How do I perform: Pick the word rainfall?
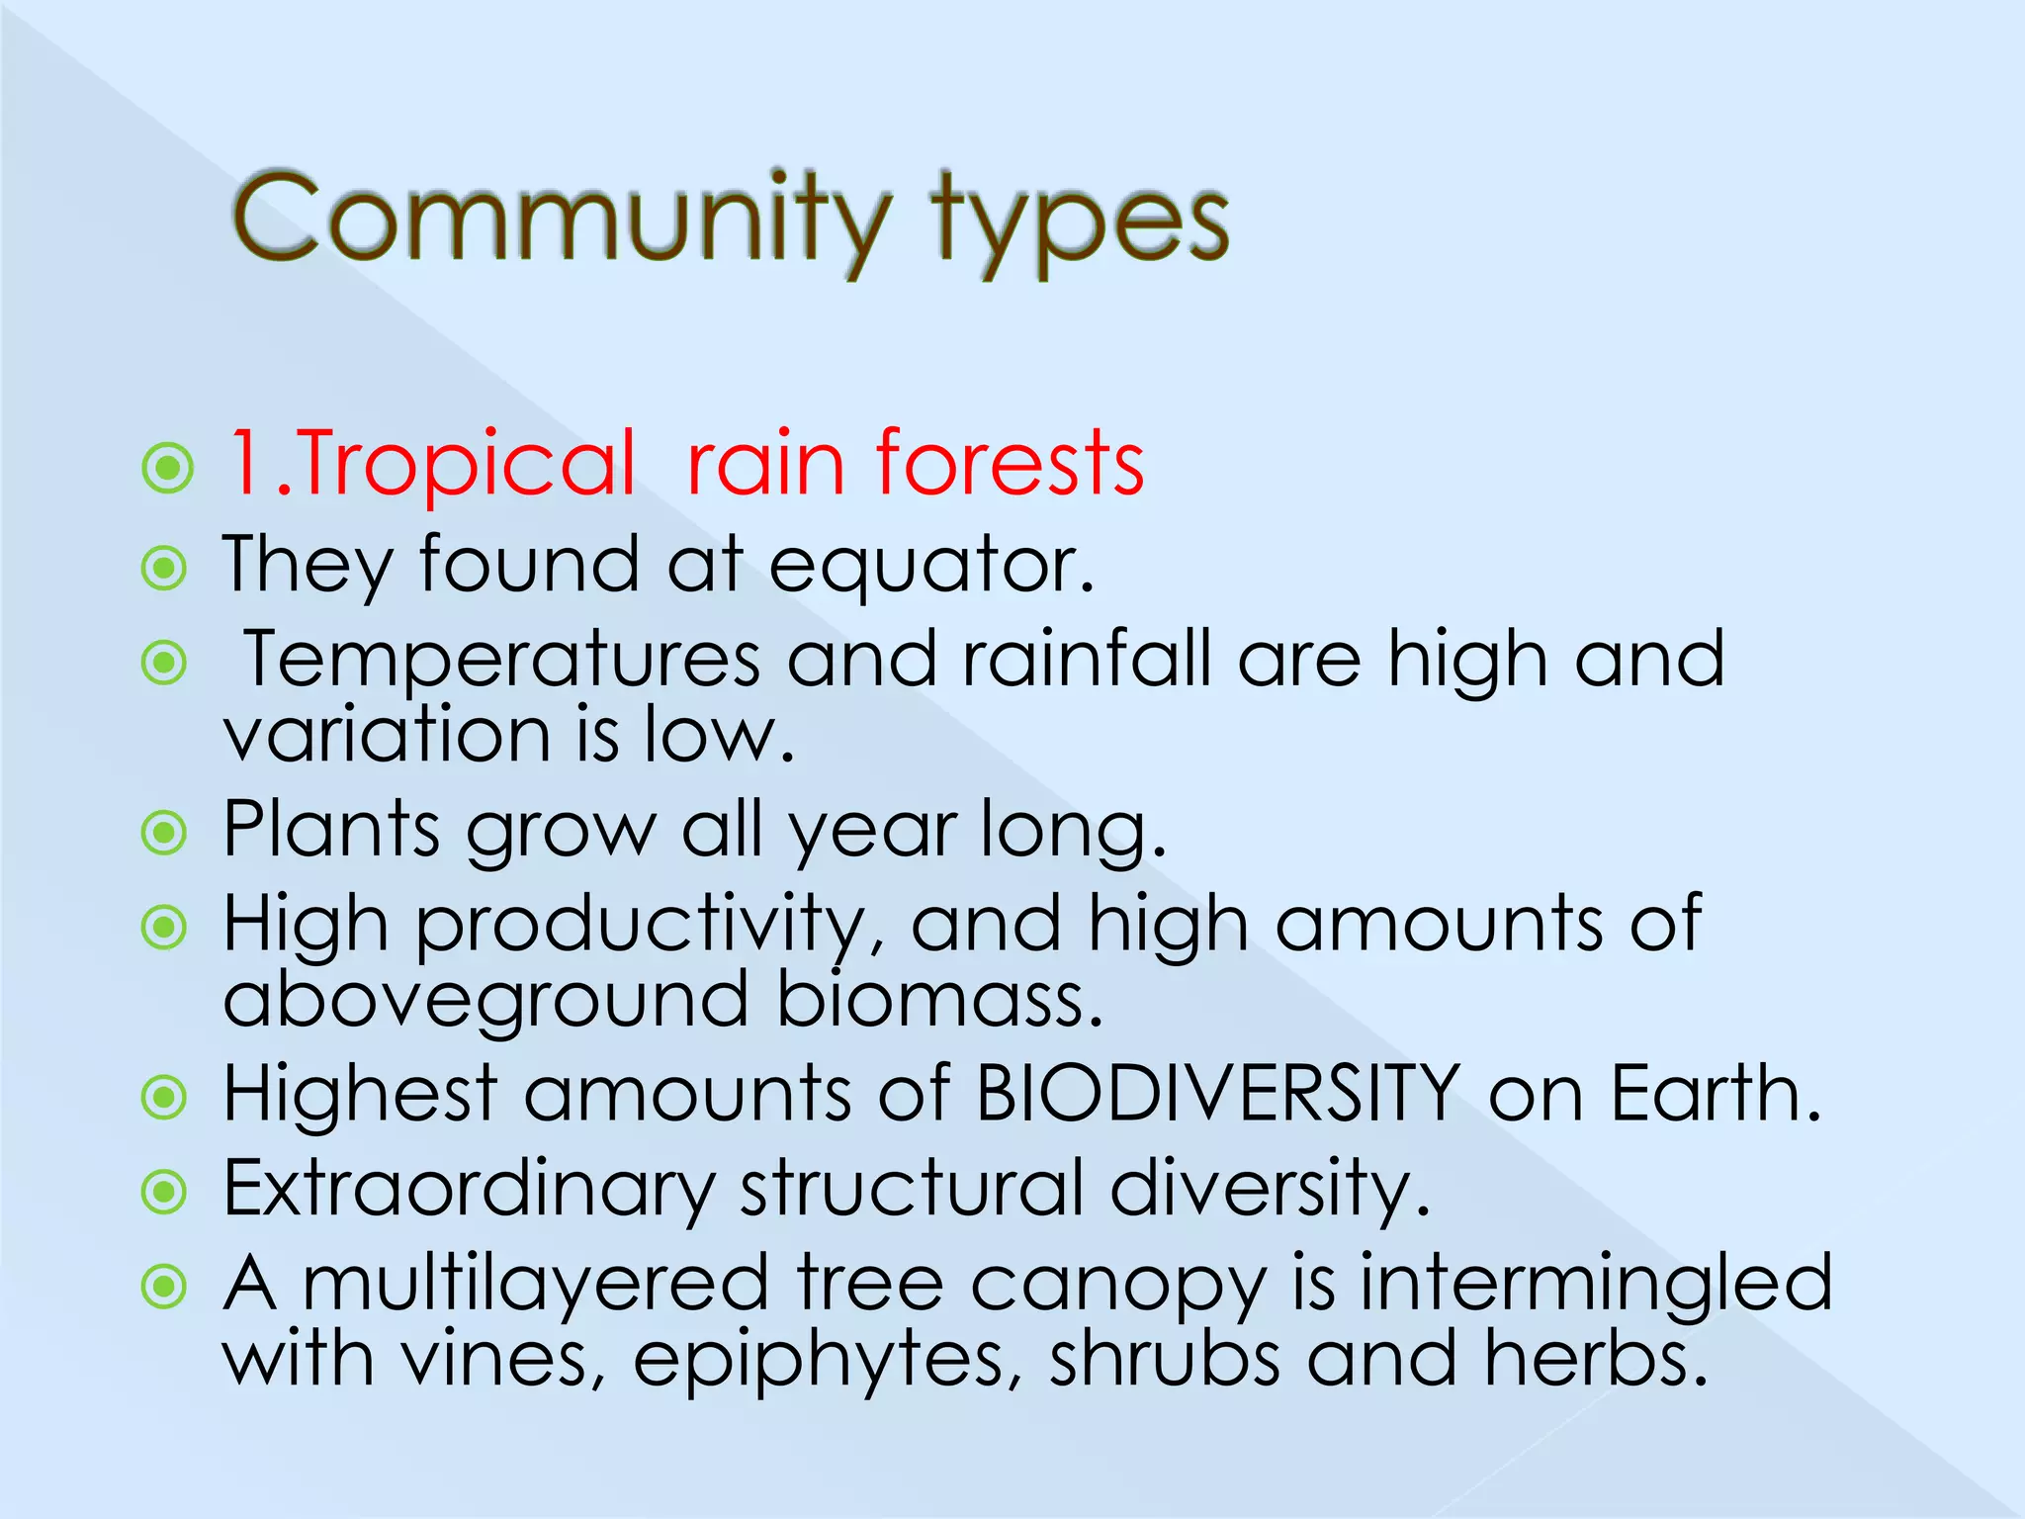[1087, 659]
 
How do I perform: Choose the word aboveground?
[485, 999]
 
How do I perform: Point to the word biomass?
[939, 999]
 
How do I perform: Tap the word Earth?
[1716, 1094]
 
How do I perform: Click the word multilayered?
[535, 1284]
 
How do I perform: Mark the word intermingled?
[1596, 1284]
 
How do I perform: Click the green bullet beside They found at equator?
[164, 569]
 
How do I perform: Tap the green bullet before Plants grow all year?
[164, 833]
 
